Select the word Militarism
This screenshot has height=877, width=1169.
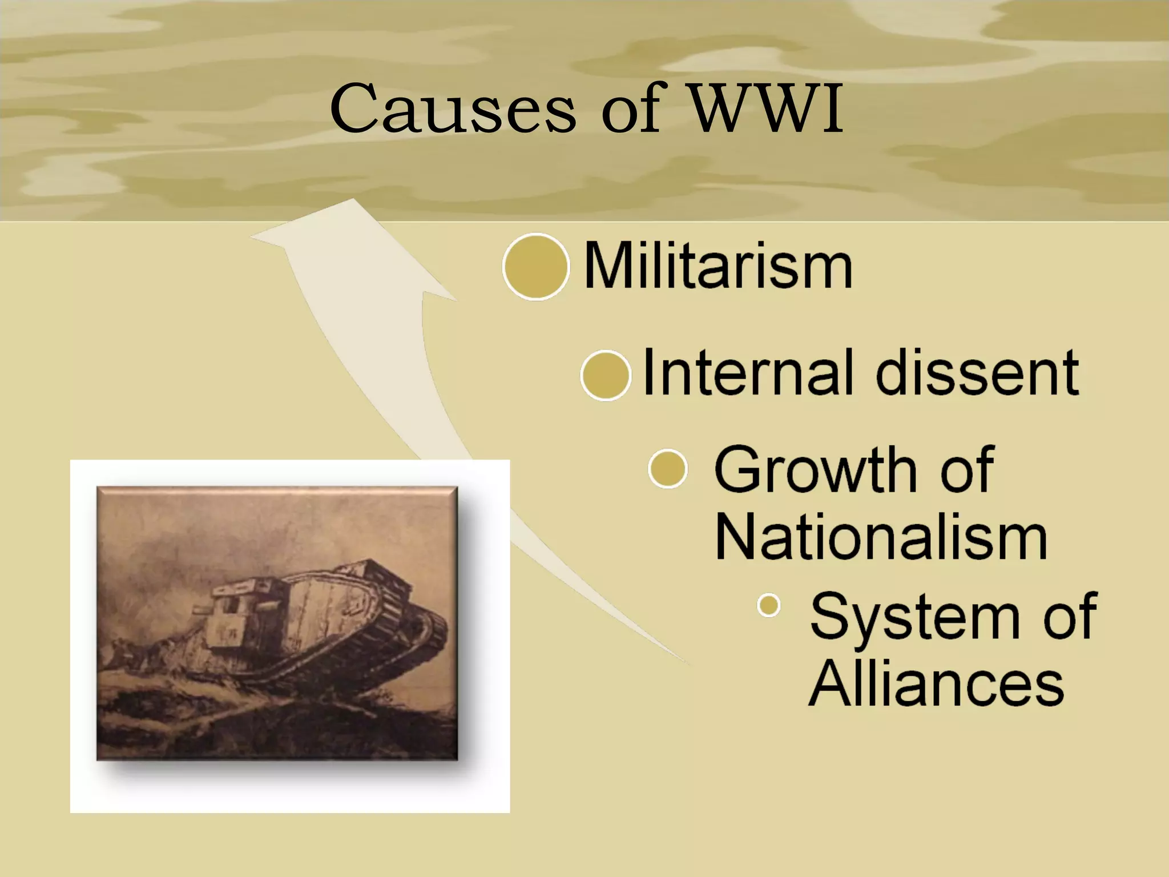718,267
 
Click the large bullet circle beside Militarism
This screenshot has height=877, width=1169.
535,267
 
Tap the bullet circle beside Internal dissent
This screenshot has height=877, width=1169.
606,375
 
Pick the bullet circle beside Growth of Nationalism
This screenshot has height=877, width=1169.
667,469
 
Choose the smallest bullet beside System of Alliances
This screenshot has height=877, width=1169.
769,605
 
